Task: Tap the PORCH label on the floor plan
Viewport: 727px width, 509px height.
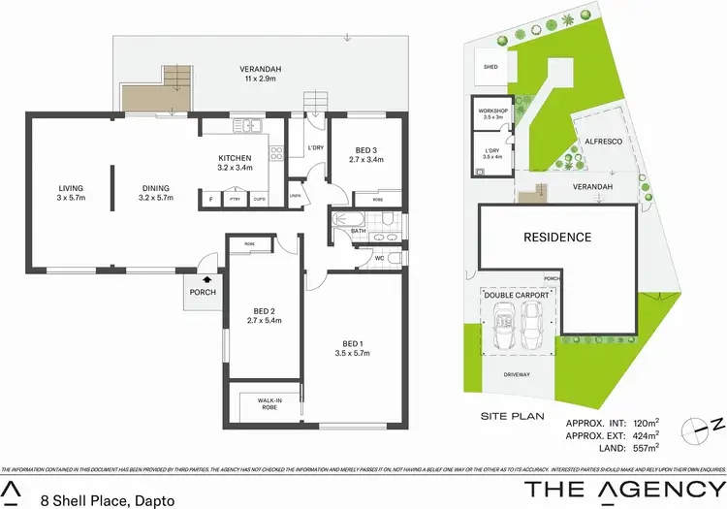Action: point(204,293)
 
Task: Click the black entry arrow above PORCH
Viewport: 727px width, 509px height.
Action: point(205,279)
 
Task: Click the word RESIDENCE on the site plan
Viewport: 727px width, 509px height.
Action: point(557,237)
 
